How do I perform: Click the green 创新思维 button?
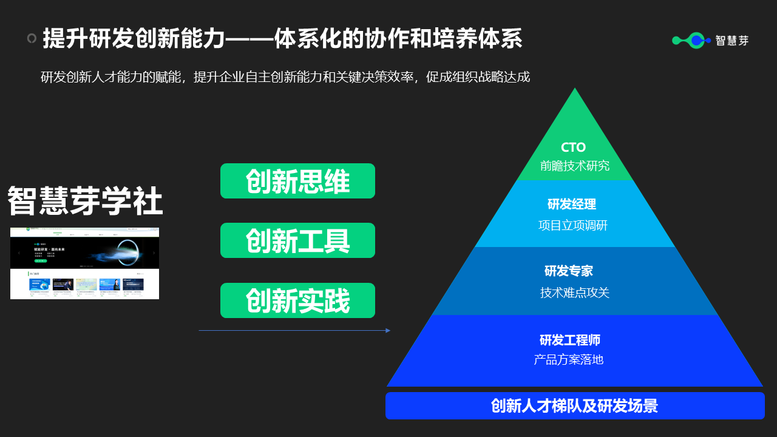pos(297,181)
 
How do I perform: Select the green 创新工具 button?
pos(297,240)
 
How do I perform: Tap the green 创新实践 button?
pos(297,300)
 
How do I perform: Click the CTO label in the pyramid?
pos(574,147)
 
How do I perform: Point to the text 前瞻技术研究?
pos(575,166)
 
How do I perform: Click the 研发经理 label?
pos(572,205)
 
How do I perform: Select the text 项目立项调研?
pos(573,226)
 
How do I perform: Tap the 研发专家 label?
pos(569,271)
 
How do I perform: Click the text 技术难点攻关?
pos(575,293)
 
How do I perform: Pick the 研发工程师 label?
pos(570,340)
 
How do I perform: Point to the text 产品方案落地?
pos(569,359)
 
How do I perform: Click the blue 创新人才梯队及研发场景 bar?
pos(575,405)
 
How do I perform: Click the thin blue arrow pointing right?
pos(294,331)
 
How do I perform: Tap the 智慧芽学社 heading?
pos(85,202)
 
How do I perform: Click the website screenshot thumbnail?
pos(84,263)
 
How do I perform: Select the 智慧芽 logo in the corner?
pos(710,41)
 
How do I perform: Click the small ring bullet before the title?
pos(32,39)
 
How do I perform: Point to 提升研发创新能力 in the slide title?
pos(134,39)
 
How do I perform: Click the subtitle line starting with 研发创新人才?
pos(285,77)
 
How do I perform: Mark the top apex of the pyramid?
pos(574,90)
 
